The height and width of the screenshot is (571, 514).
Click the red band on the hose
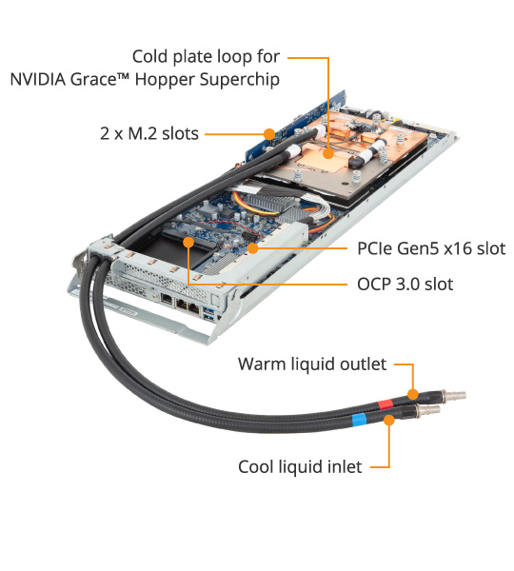pos(385,404)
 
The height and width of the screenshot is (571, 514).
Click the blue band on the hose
pos(359,420)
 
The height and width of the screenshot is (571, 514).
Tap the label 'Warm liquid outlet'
pos(312,364)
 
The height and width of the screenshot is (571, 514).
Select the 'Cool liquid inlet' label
pos(300,467)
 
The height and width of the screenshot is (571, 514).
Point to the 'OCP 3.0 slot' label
pos(405,284)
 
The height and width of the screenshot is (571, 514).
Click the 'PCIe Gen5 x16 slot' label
pos(431,248)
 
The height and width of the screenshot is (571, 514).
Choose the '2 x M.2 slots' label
pos(149,133)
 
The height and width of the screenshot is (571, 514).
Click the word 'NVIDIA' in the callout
pos(38,79)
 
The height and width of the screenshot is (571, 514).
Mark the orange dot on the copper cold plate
pos(328,153)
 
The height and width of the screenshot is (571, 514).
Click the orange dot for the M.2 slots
pos(269,134)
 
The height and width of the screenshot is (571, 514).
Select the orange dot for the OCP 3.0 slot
pos(188,242)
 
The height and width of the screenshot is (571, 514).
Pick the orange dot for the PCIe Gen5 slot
pos(252,248)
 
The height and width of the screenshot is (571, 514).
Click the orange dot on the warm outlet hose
pos(412,394)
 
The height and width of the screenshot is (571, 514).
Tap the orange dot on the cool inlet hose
pos(389,420)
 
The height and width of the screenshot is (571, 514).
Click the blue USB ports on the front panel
pos(209,315)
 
